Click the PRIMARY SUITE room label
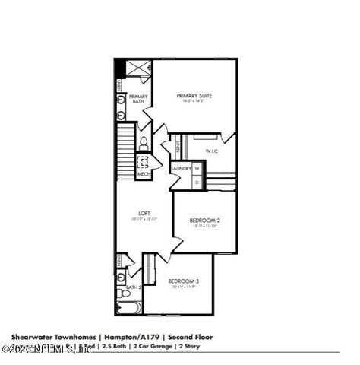[194, 96]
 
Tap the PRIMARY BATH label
[137, 99]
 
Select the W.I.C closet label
[211, 151]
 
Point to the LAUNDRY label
[181, 168]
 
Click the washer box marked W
[197, 168]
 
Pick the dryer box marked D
[197, 182]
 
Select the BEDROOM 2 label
[204, 221]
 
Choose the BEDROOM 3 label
[183, 281]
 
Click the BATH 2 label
[134, 288]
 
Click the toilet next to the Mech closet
[142, 142]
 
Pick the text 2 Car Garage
[151, 346]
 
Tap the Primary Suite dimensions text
[194, 102]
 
